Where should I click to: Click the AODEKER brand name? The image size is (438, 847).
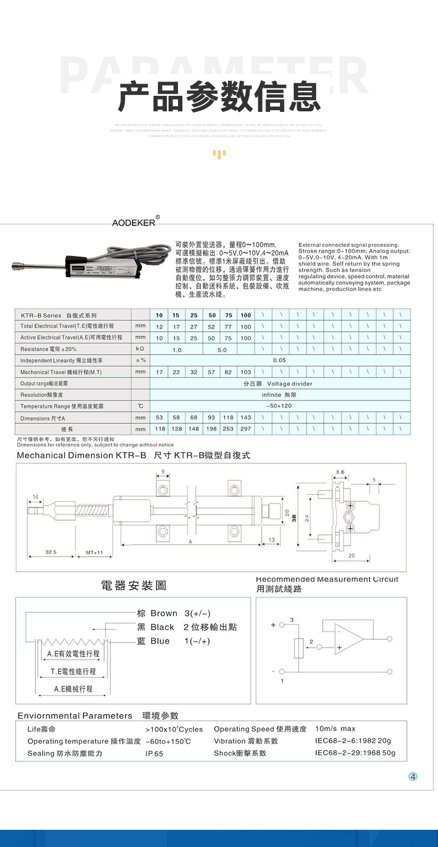[x=134, y=223]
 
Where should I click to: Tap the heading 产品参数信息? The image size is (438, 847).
[x=220, y=97]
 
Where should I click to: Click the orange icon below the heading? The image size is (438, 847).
[x=220, y=154]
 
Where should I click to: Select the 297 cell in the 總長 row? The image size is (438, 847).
[x=246, y=429]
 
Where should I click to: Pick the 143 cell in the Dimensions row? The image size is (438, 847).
[x=246, y=418]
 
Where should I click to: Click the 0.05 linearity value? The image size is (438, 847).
[x=279, y=360]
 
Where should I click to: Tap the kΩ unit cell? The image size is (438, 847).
[x=140, y=350]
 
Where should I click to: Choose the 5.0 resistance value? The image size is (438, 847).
[x=222, y=350]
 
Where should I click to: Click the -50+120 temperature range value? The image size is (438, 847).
[x=279, y=406]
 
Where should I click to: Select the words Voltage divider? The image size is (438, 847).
[x=289, y=383]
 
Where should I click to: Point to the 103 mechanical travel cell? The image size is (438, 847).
[x=246, y=372]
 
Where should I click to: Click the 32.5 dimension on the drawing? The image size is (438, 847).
[x=51, y=552]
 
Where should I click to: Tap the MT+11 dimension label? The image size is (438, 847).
[x=95, y=552]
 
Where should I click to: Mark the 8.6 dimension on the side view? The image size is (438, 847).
[x=340, y=471]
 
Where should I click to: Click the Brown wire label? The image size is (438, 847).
[x=164, y=613]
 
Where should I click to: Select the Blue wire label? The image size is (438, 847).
[x=160, y=641]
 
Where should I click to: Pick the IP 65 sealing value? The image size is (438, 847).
[x=154, y=754]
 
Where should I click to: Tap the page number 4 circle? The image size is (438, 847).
[x=412, y=776]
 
